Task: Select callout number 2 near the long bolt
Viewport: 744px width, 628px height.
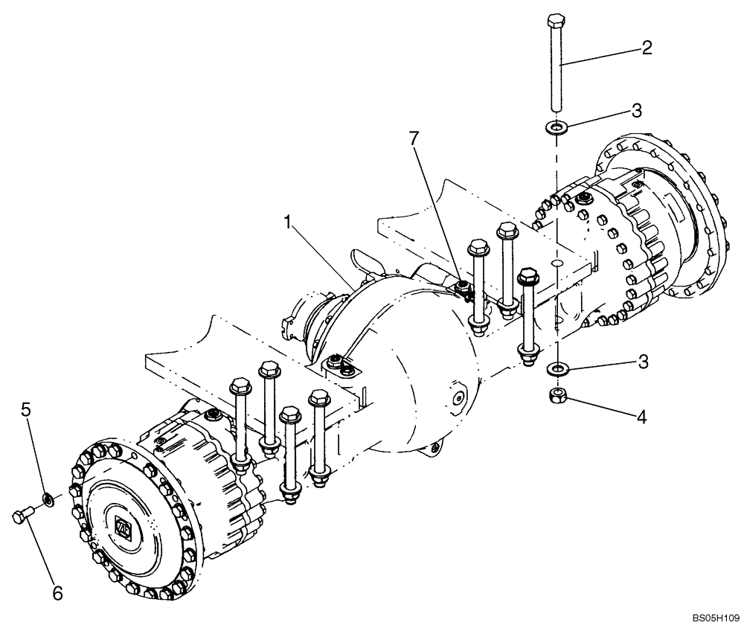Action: click(x=647, y=48)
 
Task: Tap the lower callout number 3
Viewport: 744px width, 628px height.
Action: click(x=642, y=362)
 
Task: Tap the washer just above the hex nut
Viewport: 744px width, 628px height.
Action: click(x=555, y=368)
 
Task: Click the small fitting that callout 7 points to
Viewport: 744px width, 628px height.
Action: click(x=463, y=287)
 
